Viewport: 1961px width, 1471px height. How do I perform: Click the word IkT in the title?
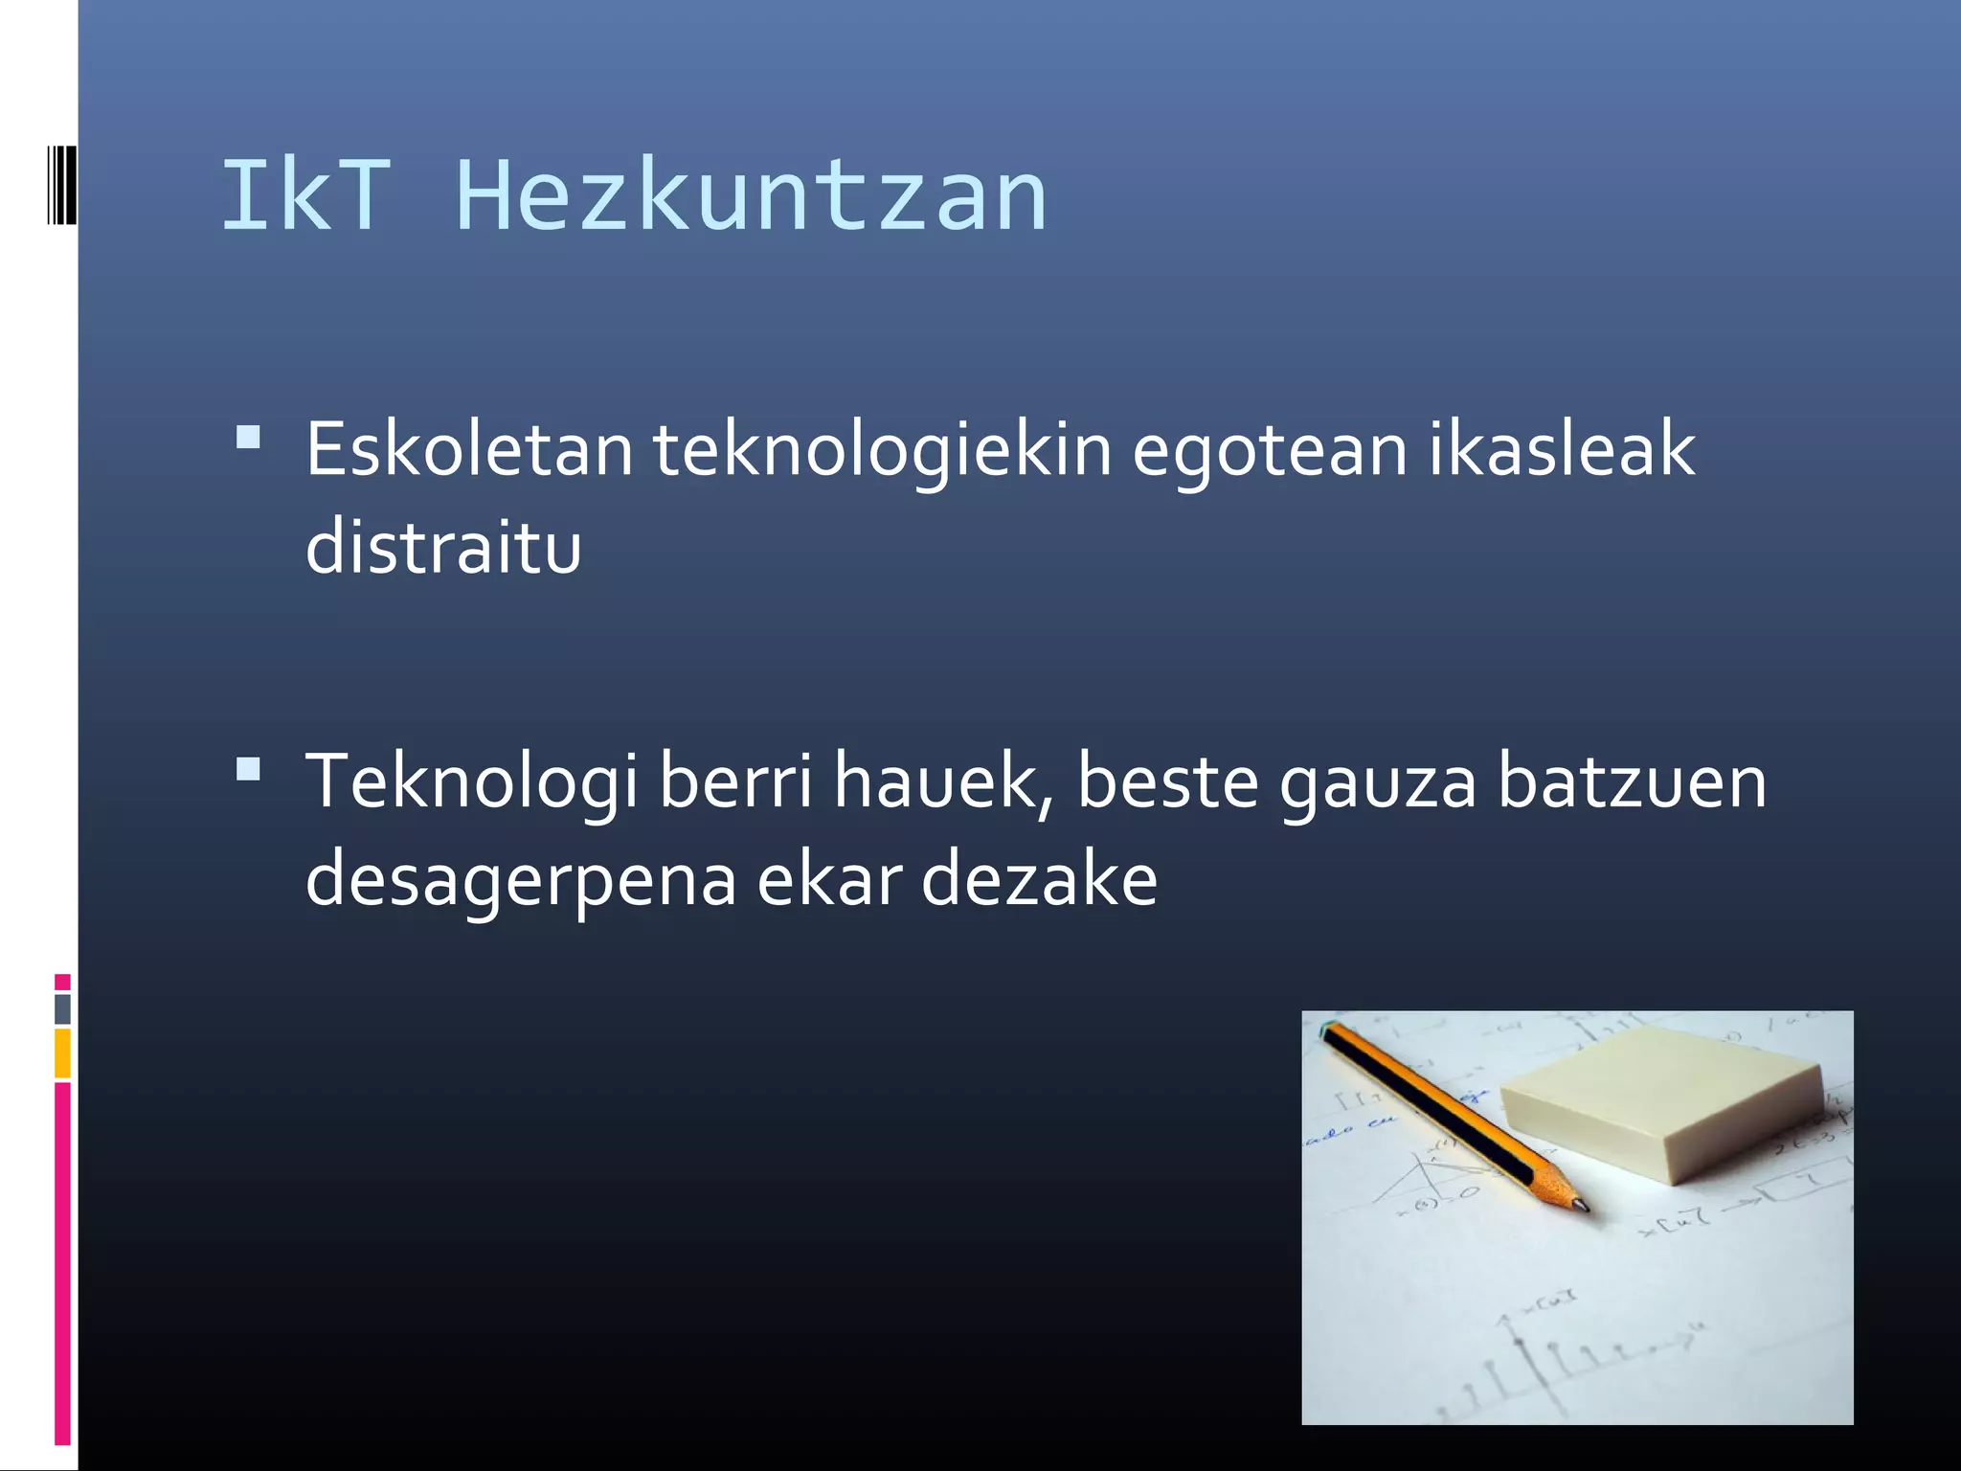[x=305, y=196]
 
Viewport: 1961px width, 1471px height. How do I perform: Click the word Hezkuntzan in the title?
[x=753, y=196]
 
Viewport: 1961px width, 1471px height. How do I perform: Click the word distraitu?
[x=443, y=547]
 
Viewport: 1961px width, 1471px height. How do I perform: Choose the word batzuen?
[x=1632, y=781]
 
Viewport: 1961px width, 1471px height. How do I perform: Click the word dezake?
[x=1039, y=879]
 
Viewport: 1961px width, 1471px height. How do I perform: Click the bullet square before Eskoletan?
[x=248, y=439]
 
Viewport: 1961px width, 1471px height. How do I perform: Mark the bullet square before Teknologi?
[x=248, y=770]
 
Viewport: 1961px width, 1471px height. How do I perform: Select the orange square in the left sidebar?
[x=62, y=1052]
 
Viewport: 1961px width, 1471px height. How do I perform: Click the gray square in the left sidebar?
[x=62, y=1008]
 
